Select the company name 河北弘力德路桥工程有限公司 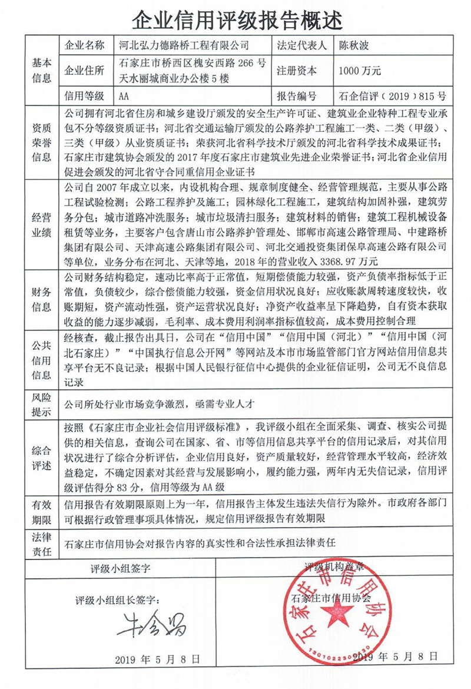(184, 45)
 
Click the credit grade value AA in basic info (124, 95)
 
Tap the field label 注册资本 (296, 71)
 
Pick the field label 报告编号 (296, 95)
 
